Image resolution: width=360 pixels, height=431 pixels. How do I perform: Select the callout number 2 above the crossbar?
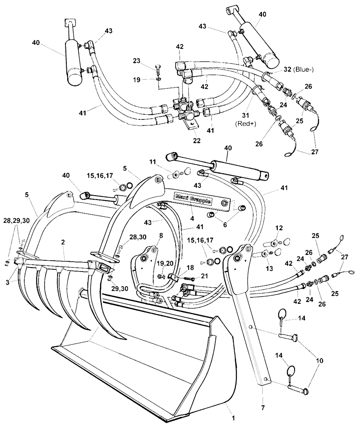coord(63,243)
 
